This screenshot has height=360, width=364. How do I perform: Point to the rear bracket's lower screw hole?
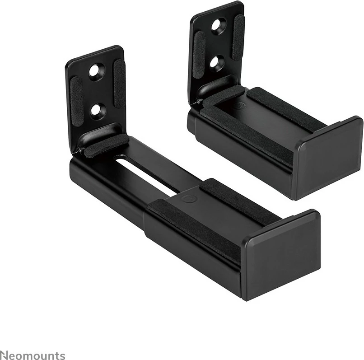[x=216, y=62]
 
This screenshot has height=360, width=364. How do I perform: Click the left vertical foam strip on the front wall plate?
[x=77, y=97]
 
